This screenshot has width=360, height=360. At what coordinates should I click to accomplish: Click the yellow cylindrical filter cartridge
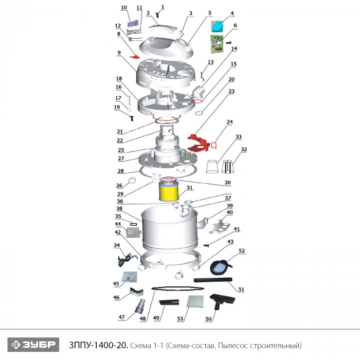coord(168,191)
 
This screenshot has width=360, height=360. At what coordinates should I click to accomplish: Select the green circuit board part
coord(217,44)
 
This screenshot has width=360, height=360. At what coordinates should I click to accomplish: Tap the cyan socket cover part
coord(217,26)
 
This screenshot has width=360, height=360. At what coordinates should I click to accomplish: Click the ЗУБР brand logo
coord(33,345)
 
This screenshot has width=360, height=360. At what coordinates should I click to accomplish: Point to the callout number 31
coord(189,188)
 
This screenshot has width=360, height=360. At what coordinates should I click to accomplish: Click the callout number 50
coord(208,319)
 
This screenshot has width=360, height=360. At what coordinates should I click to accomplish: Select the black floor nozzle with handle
coord(222,300)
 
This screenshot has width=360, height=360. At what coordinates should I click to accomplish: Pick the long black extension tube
coord(213,280)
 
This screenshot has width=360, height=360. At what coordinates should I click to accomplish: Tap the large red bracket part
coord(198,143)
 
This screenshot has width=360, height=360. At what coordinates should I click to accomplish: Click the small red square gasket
coord(214,145)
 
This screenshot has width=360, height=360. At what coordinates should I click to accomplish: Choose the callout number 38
coord(119,208)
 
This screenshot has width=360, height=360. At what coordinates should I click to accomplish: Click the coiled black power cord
coord(127,260)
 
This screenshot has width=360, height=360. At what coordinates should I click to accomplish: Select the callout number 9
coord(119,52)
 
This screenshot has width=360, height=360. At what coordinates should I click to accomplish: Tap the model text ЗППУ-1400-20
coord(99,345)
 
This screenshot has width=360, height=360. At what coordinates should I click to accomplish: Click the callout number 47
coord(121,317)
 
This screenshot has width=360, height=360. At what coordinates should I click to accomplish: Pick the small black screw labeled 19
coord(132,118)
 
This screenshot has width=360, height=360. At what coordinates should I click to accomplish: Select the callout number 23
coord(231,91)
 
